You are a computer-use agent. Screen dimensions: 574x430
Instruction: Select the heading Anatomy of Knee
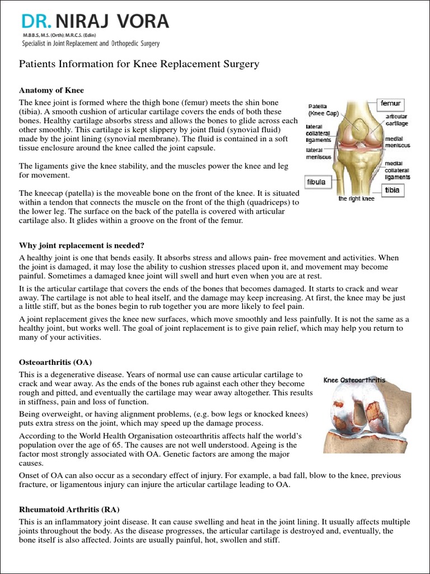(52, 90)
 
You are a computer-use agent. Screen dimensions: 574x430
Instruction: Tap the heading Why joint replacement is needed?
(82, 245)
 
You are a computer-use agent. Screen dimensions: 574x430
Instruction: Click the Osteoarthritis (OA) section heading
(55, 362)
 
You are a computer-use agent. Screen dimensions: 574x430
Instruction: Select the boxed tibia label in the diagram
(392, 190)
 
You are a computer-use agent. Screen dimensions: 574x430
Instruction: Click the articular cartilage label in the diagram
(396, 119)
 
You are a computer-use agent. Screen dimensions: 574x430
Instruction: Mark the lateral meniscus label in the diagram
(317, 154)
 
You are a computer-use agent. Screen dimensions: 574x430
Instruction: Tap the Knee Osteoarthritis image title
(354, 379)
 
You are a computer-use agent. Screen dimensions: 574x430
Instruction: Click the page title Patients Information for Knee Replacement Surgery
(139, 64)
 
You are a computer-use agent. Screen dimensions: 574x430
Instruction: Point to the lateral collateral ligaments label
(318, 133)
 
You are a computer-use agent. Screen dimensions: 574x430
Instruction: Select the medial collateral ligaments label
(397, 170)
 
